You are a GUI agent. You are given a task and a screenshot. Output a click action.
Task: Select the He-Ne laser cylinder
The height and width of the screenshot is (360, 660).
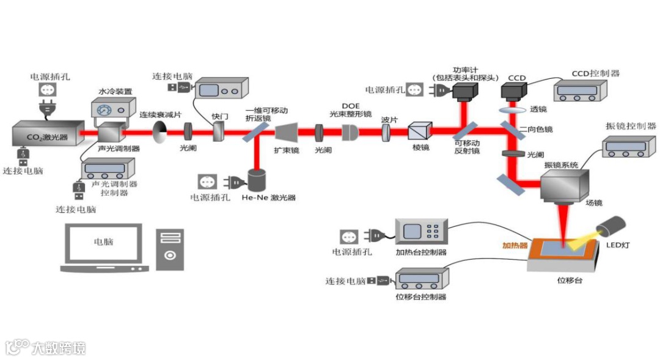tap(257, 180)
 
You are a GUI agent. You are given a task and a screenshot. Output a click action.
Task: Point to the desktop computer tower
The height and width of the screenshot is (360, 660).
tap(169, 249)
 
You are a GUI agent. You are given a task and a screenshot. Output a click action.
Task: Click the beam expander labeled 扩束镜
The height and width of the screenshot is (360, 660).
tap(287, 132)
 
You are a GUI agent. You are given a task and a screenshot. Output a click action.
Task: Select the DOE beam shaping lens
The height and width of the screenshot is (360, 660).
tap(350, 132)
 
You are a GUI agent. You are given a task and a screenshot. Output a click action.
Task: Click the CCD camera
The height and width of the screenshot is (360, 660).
tap(514, 92)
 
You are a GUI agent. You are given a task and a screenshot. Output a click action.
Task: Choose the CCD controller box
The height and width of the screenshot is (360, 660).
tap(581, 91)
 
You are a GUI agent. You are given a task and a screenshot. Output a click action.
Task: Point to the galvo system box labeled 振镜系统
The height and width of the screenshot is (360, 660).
tap(563, 184)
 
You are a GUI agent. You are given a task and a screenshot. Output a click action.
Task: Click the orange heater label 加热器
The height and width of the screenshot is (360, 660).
tap(515, 246)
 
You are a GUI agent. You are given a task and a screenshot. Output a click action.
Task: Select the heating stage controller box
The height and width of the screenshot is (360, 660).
tap(422, 232)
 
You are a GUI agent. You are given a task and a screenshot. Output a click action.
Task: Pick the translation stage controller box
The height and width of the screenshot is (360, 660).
tap(421, 281)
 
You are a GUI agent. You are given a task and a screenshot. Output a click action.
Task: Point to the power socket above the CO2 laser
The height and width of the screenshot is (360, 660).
tap(47, 90)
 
